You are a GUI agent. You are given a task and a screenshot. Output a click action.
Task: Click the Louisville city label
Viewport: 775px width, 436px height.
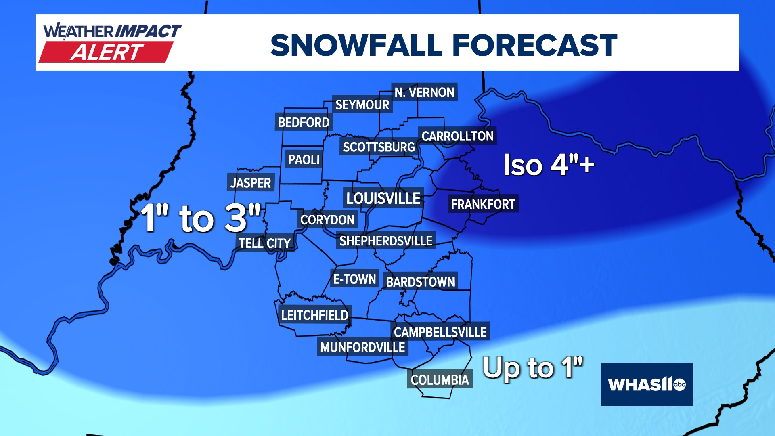coord(383,198)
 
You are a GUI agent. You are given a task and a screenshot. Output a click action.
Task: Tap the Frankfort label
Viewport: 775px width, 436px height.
coord(483,204)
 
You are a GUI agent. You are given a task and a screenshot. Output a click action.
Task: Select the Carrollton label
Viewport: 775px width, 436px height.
coord(457,136)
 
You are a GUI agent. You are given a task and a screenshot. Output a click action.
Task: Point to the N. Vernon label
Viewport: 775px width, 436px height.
coord(424,92)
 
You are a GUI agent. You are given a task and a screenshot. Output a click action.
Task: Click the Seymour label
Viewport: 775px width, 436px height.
coord(362,105)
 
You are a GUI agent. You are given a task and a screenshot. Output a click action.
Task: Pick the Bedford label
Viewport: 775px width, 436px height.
coord(304,122)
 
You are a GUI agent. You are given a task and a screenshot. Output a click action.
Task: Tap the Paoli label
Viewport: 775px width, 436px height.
coord(304,159)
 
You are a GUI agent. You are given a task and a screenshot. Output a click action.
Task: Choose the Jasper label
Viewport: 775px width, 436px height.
coord(251,183)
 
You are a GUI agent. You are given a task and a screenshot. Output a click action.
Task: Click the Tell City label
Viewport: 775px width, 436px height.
coord(265,243)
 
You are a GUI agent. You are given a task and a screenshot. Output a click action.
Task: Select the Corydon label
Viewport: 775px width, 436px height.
coord(327,220)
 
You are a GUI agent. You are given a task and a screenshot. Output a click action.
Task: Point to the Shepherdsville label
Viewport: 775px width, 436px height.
coord(385,241)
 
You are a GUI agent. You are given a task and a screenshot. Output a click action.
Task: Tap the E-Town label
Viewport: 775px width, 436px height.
coord(354,279)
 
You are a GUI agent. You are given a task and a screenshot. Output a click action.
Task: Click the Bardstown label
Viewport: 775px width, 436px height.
coord(420,281)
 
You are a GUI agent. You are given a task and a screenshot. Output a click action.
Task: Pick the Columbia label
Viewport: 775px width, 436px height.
coord(440,379)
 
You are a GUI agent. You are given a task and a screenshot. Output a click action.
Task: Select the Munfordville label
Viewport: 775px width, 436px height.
coord(362,347)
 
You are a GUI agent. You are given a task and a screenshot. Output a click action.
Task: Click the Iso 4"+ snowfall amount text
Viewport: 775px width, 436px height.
coord(549,165)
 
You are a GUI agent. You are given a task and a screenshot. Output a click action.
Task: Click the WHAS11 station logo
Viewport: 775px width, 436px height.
coord(647,384)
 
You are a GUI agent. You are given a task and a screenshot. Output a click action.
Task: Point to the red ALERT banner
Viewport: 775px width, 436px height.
coord(107,52)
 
